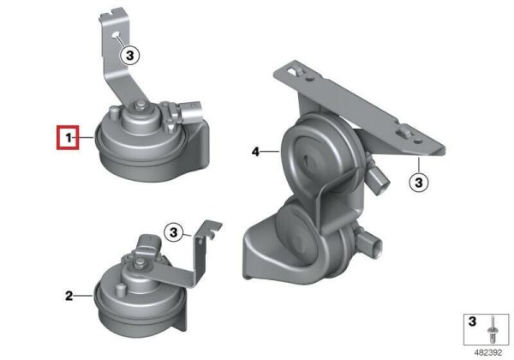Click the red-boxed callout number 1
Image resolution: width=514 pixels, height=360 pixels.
(69, 138)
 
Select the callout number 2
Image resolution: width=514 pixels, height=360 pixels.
(69, 296)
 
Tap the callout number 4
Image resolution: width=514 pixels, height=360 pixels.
(255, 152)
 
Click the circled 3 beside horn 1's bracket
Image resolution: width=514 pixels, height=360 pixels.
(130, 56)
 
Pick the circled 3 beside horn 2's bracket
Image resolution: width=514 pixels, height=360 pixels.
(174, 232)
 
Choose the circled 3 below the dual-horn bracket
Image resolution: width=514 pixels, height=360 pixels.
(419, 182)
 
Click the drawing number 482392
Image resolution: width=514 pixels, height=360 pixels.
(488, 353)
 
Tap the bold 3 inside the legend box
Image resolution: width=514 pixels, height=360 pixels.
(472, 321)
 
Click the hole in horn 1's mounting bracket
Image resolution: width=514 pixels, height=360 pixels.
(116, 35)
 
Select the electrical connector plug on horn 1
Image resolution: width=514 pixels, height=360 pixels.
(189, 111)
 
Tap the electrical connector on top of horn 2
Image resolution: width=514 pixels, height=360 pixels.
(149, 243)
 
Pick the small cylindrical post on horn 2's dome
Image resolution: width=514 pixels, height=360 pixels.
(120, 290)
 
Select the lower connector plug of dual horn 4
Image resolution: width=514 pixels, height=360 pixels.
(370, 243)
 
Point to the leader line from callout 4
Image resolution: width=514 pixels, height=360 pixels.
(271, 152)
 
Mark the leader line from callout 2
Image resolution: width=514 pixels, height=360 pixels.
(84, 296)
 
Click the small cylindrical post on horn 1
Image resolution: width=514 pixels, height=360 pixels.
(113, 113)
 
